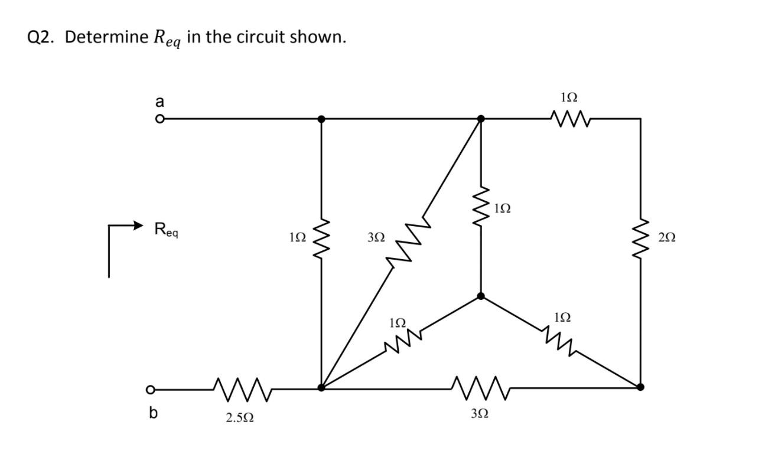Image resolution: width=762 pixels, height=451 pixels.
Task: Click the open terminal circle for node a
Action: pyautogui.click(x=158, y=119)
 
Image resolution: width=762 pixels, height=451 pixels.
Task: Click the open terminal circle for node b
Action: pyautogui.click(x=151, y=390)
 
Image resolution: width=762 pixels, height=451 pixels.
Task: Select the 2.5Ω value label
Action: pyautogui.click(x=240, y=417)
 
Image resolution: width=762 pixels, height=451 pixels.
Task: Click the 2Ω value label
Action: pyautogui.click(x=666, y=237)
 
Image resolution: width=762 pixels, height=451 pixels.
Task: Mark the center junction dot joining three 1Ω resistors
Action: pyautogui.click(x=481, y=296)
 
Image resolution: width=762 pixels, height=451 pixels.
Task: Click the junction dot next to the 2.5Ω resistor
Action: pyautogui.click(x=321, y=388)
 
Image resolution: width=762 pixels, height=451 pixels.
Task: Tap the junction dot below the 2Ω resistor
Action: pyautogui.click(x=640, y=387)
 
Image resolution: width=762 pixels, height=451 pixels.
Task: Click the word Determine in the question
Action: pyautogui.click(x=106, y=37)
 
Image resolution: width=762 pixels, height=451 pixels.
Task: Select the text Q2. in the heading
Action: pyautogui.click(x=42, y=37)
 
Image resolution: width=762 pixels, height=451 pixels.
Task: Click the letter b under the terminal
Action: pyautogui.click(x=153, y=413)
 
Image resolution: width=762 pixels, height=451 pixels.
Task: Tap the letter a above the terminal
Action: pyautogui.click(x=158, y=102)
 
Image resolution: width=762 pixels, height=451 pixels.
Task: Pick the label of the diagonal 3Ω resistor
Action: pyautogui.click(x=376, y=237)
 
